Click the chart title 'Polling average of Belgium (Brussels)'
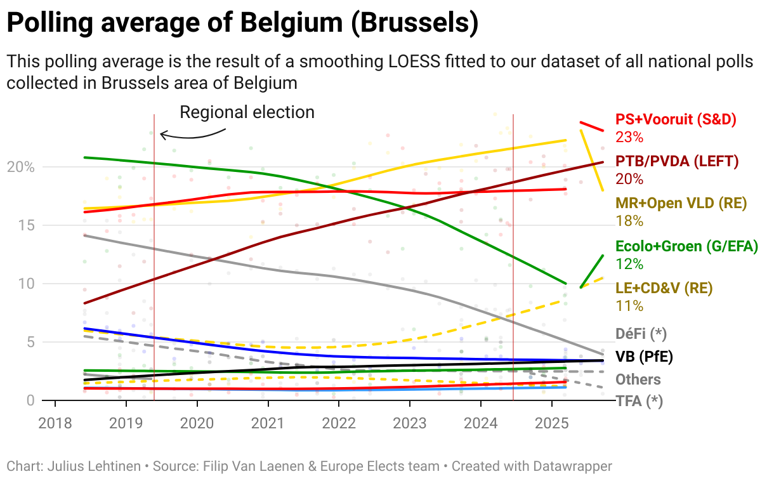click(242, 23)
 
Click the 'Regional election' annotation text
click(247, 112)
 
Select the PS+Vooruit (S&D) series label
click(676, 119)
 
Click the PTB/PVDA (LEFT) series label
click(677, 161)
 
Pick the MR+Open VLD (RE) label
click(681, 204)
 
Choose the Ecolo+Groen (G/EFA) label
click(686, 246)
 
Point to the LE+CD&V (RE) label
click(664, 288)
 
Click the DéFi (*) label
click(641, 333)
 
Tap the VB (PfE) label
click(644, 356)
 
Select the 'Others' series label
click(638, 379)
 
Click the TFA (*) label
click(639, 401)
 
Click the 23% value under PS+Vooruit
click(629, 136)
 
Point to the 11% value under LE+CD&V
click(629, 305)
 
